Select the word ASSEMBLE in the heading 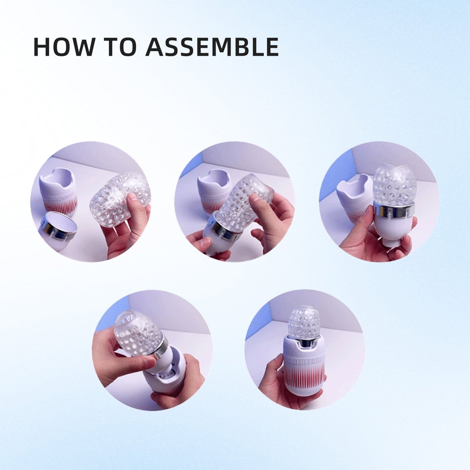click(212, 47)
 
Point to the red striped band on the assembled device click(304, 374)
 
